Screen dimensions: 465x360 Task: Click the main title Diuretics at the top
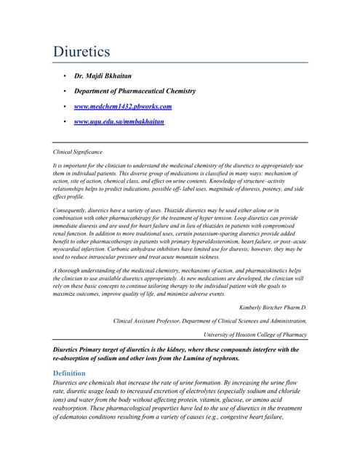[x=81, y=52]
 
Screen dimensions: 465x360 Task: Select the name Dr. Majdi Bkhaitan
[x=108, y=76]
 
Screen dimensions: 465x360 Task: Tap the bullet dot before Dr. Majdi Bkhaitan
[x=66, y=76]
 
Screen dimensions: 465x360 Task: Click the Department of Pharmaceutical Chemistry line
[x=135, y=91]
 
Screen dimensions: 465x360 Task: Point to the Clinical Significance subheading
[x=78, y=152]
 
